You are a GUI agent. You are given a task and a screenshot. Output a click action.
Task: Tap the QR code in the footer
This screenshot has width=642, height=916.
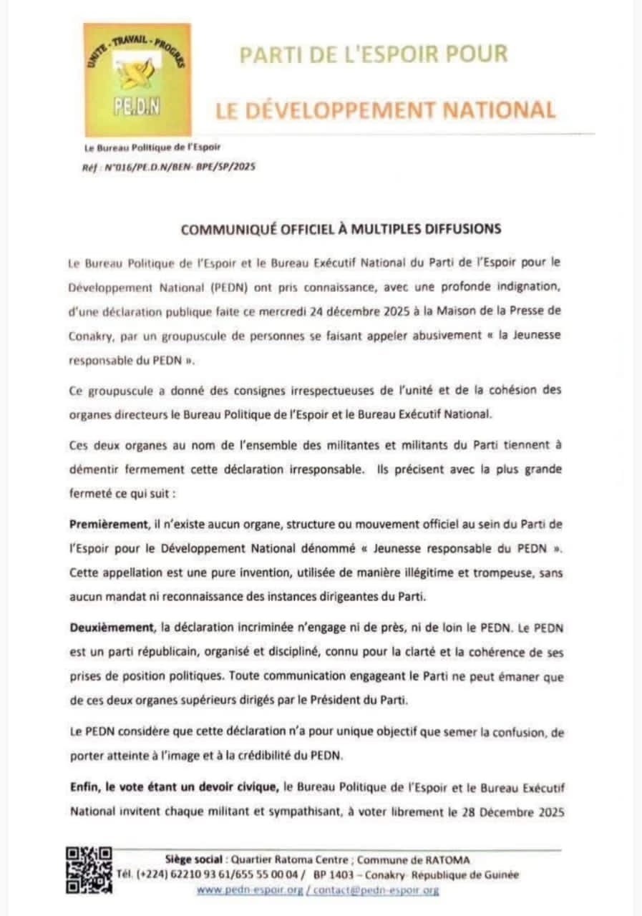[x=89, y=869]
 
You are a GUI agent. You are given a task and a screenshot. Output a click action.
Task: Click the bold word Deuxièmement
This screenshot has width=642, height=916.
[x=112, y=628]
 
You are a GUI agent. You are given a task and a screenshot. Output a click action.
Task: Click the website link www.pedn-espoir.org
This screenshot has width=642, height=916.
[x=249, y=890]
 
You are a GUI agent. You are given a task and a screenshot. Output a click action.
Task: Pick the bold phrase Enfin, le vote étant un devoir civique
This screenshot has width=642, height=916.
[x=174, y=788]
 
